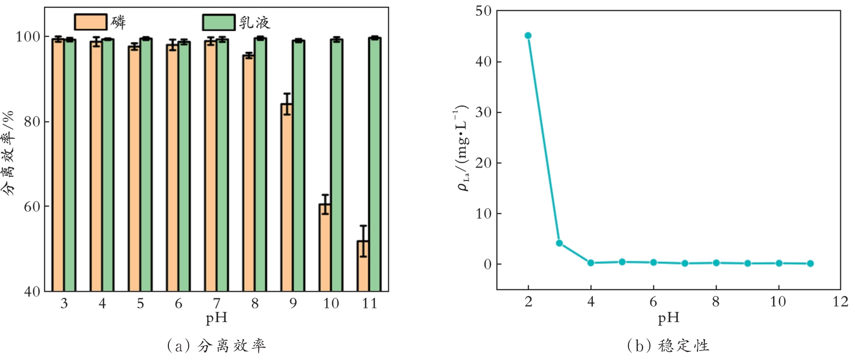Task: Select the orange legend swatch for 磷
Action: [90, 22]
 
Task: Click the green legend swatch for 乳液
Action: [219, 22]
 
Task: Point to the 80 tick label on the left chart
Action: [32, 122]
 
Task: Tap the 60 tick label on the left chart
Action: [32, 207]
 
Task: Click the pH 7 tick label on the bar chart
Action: [217, 303]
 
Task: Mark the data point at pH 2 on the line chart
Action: [528, 35]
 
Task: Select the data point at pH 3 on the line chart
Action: [559, 243]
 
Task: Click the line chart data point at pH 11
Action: [810, 264]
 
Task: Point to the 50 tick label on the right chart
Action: [483, 11]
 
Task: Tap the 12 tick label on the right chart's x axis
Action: [840, 302]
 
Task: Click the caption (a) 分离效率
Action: [216, 345]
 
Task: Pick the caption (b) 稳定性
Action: [668, 345]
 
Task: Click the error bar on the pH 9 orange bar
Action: [287, 104]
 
